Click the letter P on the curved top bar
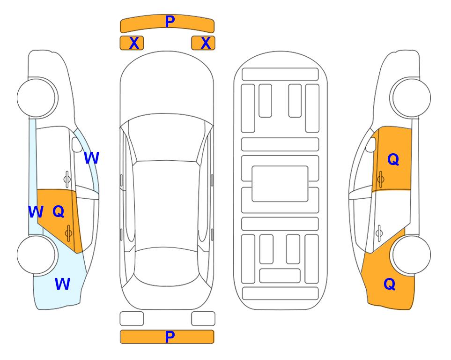pyautogui.click(x=170, y=22)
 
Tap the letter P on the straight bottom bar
pyautogui.click(x=170, y=337)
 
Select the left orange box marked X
pyautogui.click(x=132, y=43)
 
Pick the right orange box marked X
pyautogui.click(x=203, y=43)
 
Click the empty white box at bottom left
pyautogui.click(x=132, y=319)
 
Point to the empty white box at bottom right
pyautogui.click(x=203, y=319)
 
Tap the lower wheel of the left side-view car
pyautogui.click(x=36, y=255)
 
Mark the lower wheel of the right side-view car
pyautogui.click(x=412, y=255)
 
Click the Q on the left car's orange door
pyautogui.click(x=59, y=212)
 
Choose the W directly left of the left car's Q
pyautogui.click(x=36, y=212)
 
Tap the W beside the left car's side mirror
pyautogui.click(x=91, y=157)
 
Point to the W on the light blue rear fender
pyautogui.click(x=62, y=284)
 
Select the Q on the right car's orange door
pyautogui.click(x=393, y=159)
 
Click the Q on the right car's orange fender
pyautogui.click(x=390, y=284)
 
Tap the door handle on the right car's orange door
pyautogui.click(x=381, y=179)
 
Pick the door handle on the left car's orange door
pyautogui.click(x=68, y=233)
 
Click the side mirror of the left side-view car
pyautogui.click(x=76, y=144)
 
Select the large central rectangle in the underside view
pyautogui.click(x=280, y=184)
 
